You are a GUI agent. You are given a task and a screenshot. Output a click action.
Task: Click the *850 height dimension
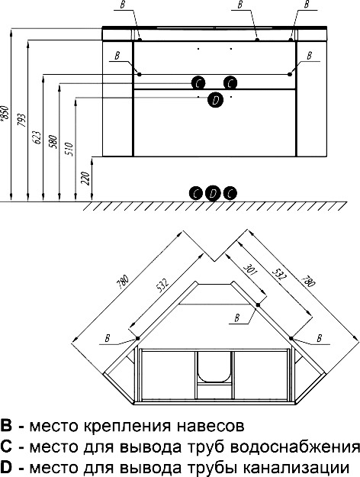point(5,114)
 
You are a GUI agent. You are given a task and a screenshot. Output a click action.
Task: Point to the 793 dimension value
point(21,120)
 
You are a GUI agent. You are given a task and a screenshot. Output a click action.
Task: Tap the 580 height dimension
point(53,142)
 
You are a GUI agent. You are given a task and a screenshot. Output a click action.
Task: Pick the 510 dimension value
point(69,149)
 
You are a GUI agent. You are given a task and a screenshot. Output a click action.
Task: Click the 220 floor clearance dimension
point(85,179)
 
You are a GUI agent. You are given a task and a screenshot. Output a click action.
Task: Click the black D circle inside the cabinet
point(215,100)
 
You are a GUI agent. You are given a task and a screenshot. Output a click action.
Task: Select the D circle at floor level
point(213,193)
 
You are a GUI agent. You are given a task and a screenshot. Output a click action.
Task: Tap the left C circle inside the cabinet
point(198,83)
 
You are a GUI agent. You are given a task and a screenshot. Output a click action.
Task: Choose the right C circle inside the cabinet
point(230,83)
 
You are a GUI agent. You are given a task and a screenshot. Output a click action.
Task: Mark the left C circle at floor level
point(196,193)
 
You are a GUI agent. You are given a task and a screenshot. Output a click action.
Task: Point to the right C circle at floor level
point(230,193)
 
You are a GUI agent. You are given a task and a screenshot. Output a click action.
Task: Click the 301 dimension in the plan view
point(250,269)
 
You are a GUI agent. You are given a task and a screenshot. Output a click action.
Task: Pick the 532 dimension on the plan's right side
point(279,273)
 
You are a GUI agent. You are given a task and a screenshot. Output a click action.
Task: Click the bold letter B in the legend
point(6,426)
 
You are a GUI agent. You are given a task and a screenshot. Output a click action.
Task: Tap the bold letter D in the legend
point(6,467)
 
